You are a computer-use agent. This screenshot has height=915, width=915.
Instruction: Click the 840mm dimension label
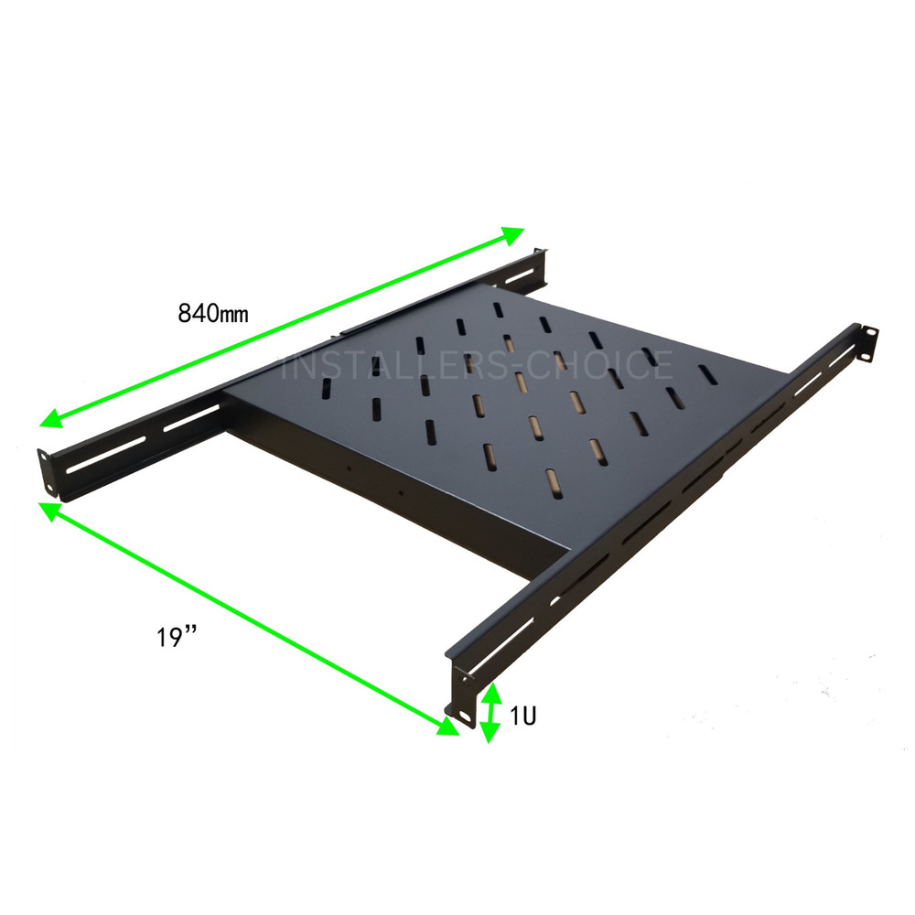[x=213, y=314]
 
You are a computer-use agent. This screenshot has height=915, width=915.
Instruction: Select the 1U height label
[x=523, y=716]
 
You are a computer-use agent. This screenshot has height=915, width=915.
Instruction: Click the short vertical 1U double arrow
[x=490, y=712]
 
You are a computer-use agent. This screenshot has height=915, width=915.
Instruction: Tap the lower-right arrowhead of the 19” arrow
[x=447, y=727]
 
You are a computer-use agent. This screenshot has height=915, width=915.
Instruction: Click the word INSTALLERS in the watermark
[x=384, y=366]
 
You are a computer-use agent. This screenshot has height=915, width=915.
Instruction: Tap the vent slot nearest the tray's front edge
[x=552, y=479]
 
